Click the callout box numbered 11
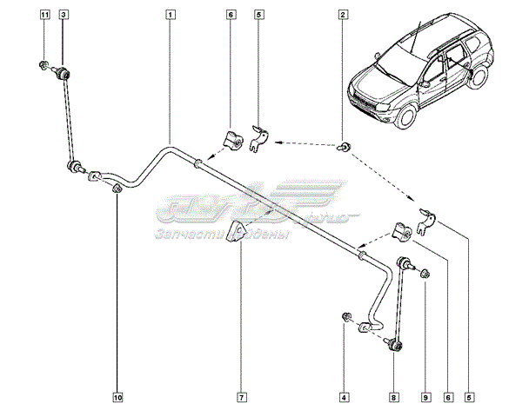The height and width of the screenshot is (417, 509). (x=44, y=15)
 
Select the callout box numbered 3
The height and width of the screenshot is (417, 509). (x=63, y=15)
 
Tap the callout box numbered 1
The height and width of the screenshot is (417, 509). (x=171, y=15)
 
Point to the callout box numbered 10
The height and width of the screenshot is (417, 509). (x=117, y=398)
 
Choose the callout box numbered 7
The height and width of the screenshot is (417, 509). (x=240, y=398)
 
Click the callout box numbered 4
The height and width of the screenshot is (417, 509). (x=345, y=398)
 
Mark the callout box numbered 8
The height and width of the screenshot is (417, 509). (x=393, y=398)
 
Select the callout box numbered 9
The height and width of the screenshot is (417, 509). (x=425, y=398)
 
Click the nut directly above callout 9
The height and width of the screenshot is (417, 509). (x=425, y=275)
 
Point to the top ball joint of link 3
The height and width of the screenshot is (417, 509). (x=64, y=76)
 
